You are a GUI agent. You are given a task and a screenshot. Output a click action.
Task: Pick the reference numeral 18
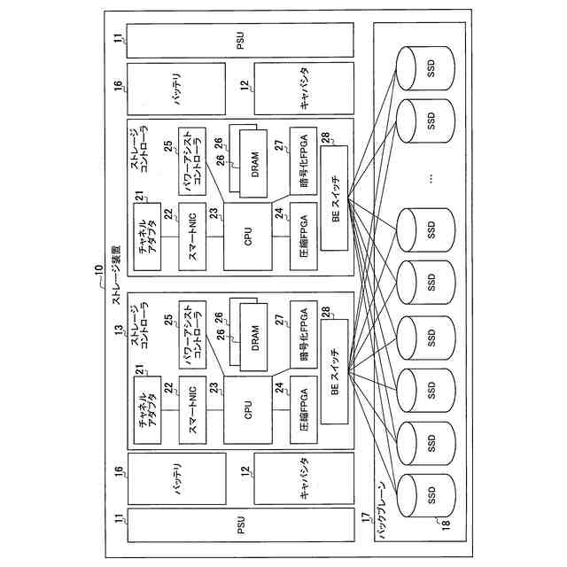point(446,524)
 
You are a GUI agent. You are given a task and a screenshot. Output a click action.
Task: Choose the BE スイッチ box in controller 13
point(335,372)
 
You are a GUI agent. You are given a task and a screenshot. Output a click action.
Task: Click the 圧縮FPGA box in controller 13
point(304,410)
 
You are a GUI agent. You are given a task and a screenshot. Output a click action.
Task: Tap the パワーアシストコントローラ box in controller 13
point(193,329)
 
